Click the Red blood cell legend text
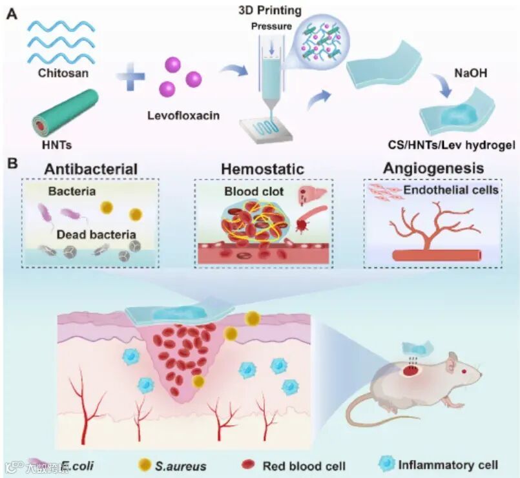[304, 465]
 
